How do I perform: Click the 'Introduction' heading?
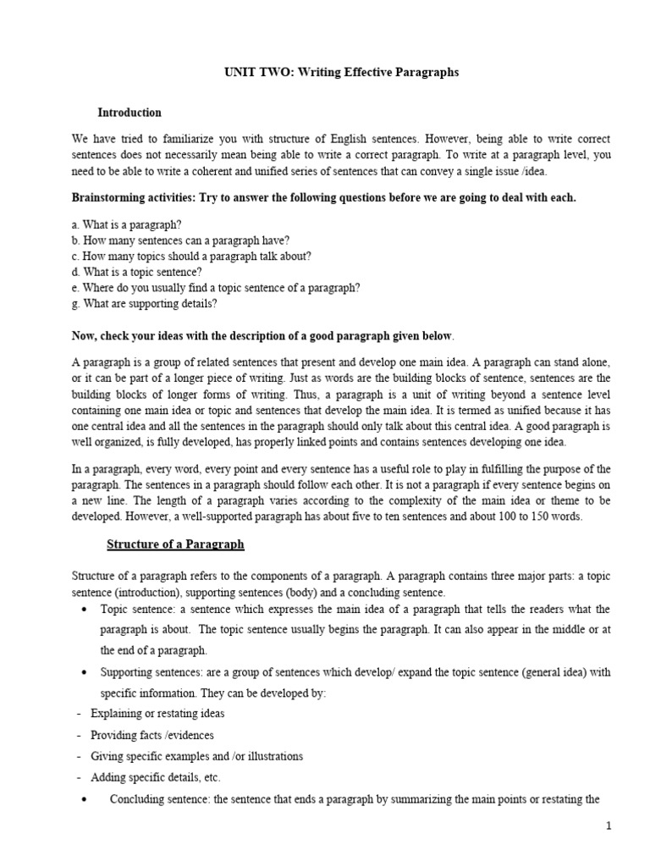click(x=129, y=113)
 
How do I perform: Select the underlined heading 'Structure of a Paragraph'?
click(x=175, y=544)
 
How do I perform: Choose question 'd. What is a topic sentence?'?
click(x=136, y=272)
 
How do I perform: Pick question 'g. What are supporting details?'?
click(x=145, y=303)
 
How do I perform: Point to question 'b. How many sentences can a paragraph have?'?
click(x=180, y=240)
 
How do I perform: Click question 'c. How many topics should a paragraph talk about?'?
click(x=191, y=257)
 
